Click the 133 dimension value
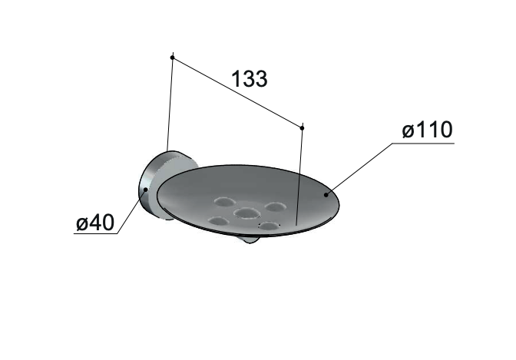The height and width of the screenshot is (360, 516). tap(250, 78)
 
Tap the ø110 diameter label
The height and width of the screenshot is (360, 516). tap(427, 130)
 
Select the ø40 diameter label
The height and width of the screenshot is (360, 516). tap(95, 223)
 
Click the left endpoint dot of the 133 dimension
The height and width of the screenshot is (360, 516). tap(172, 58)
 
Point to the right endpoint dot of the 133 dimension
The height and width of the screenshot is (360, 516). tap(302, 127)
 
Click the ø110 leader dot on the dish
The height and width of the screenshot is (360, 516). tap(326, 195)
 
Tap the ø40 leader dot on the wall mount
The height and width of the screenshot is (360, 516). tap(145, 190)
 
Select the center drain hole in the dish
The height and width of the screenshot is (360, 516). tap(246, 213)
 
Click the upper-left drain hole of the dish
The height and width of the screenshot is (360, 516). tap(223, 201)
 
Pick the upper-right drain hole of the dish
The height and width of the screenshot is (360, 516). tap(276, 207)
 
